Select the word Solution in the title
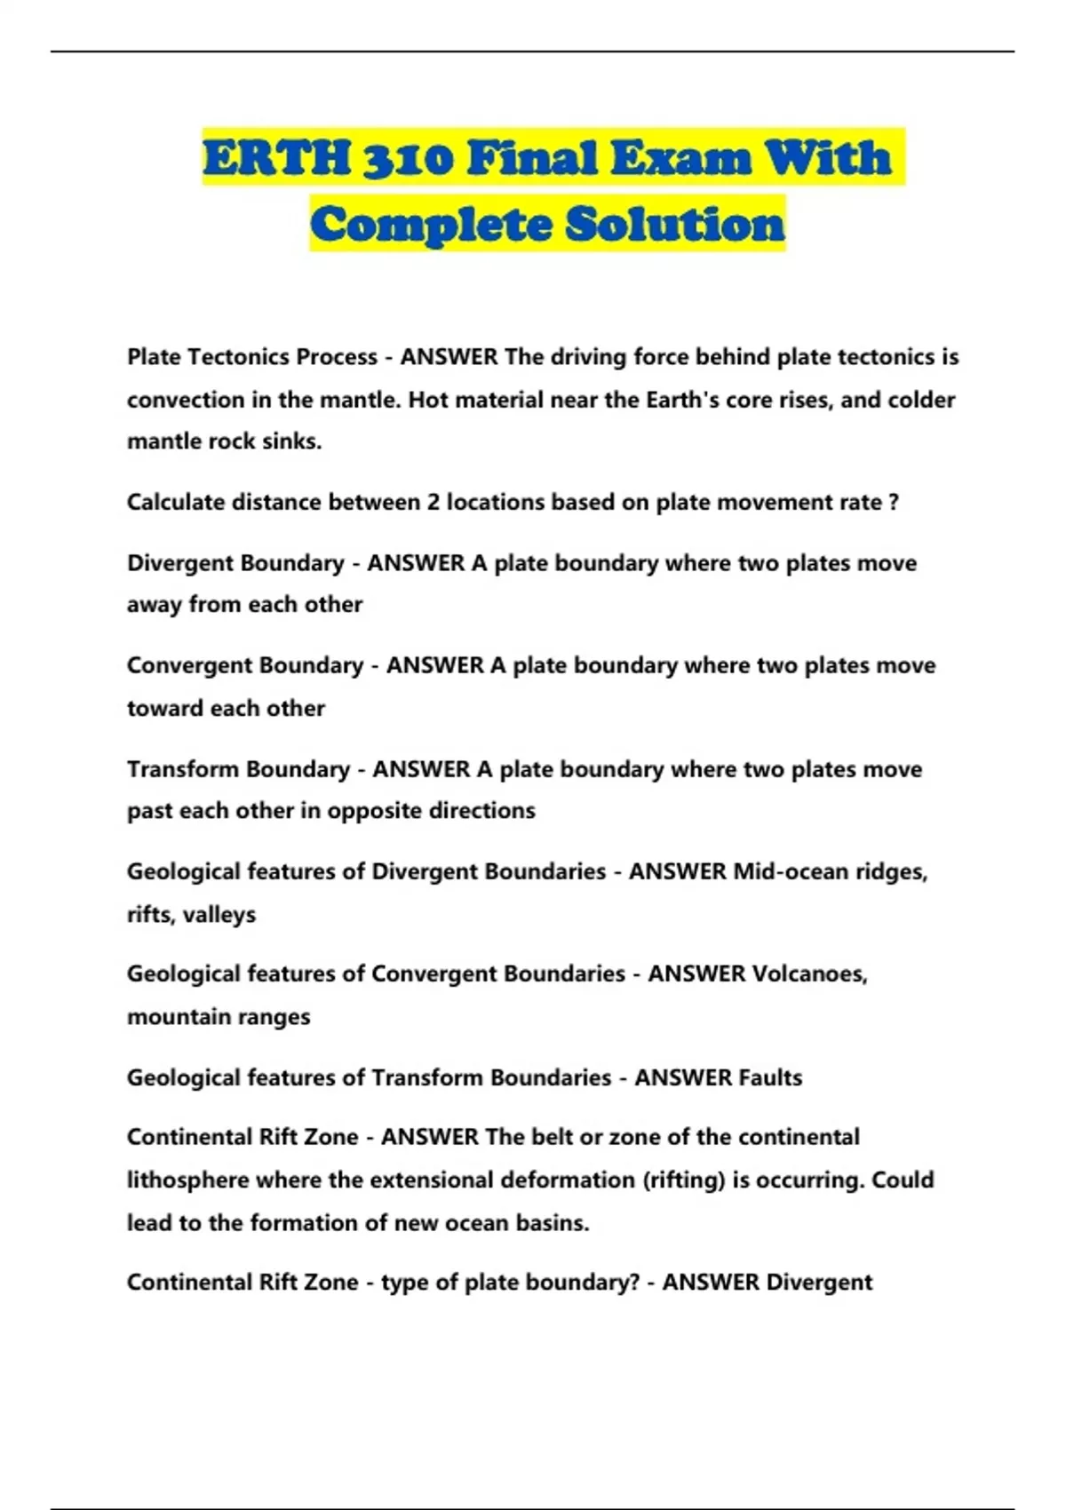675,224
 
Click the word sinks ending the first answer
293,441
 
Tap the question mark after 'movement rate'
894,503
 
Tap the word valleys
219,915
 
